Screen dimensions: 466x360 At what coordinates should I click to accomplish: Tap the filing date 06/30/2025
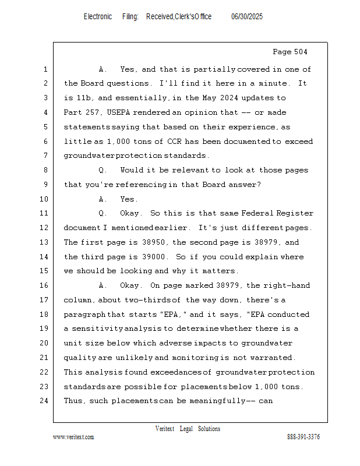pos(247,17)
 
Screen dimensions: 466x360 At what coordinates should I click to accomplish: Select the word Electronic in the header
pos(98,17)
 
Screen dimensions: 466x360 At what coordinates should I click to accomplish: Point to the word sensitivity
pos(97,329)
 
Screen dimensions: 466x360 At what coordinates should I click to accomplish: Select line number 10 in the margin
pos(45,199)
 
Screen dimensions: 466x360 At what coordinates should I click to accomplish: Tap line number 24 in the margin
pos(45,401)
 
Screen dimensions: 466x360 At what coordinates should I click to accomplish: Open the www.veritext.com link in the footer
pos(73,437)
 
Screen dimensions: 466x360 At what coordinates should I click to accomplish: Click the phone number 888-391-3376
pos(303,437)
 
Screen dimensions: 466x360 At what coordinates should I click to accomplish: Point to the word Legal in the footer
pos(185,429)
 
